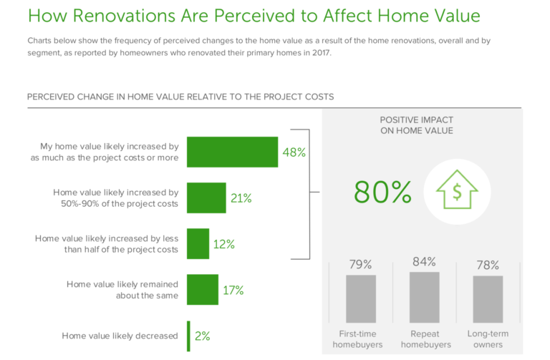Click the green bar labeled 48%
pyautogui.click(x=232, y=152)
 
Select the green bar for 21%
pyautogui.click(x=206, y=198)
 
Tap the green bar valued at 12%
pyautogui.click(x=198, y=243)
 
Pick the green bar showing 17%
pyautogui.click(x=203, y=290)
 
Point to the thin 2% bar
pyautogui.click(x=189, y=336)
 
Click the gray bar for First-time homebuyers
pyautogui.click(x=361, y=298)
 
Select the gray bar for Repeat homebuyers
pyautogui.click(x=425, y=297)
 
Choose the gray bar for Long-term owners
pyautogui.click(x=488, y=299)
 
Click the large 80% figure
pyautogui.click(x=382, y=192)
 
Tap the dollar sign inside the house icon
pyautogui.click(x=457, y=192)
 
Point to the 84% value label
pyautogui.click(x=425, y=261)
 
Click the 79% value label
pyautogui.click(x=361, y=264)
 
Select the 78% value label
pyautogui.click(x=488, y=265)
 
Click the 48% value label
pyautogui.click(x=294, y=152)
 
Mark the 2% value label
pyautogui.click(x=203, y=336)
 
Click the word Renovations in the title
pyautogui.click(x=124, y=16)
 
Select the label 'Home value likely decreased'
pyautogui.click(x=120, y=336)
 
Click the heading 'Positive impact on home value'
pyautogui.click(x=417, y=125)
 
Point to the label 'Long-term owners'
pyautogui.click(x=488, y=339)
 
